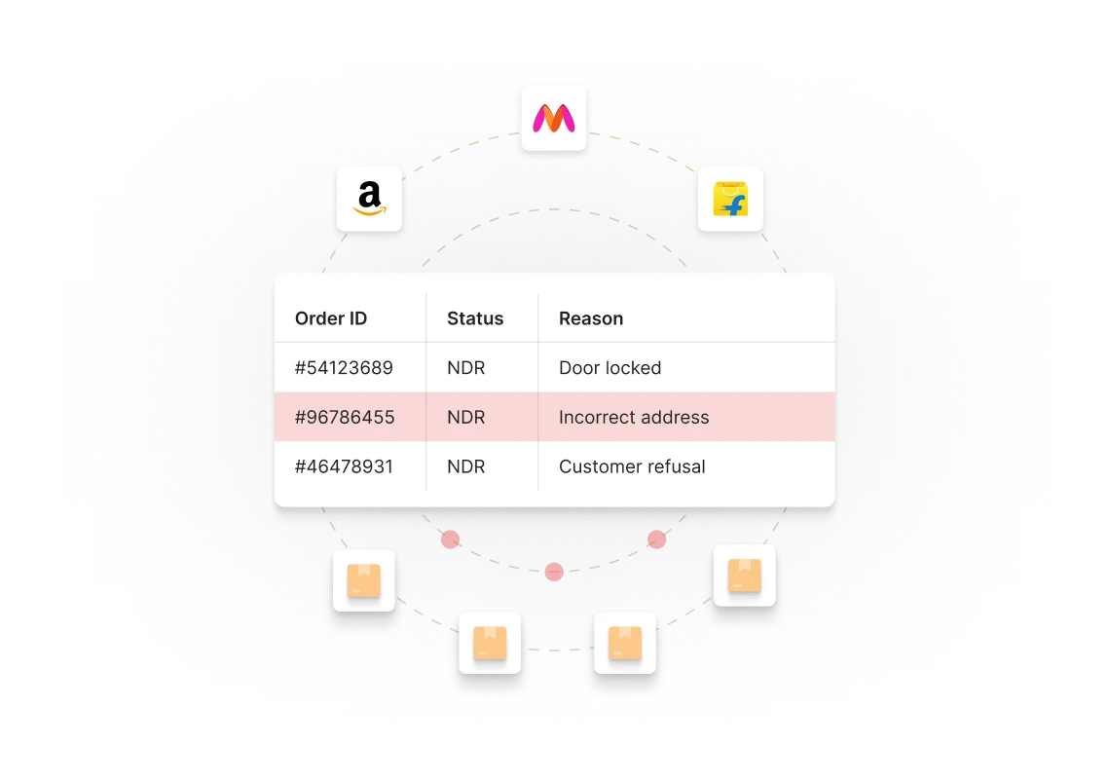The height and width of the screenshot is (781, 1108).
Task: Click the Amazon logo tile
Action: pos(369,198)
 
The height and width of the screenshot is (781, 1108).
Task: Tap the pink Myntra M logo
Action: pos(554,119)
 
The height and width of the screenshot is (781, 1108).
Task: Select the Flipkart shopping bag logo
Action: pos(730,199)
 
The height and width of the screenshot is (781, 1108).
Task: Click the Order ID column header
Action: pos(331,318)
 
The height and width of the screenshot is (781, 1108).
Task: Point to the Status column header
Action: pos(475,318)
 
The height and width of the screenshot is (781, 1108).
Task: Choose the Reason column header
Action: pos(591,318)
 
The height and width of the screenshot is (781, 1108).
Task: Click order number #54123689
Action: pos(344,368)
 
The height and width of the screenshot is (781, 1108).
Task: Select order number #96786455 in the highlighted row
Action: pos(344,417)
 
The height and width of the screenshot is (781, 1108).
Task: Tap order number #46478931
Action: pos(344,466)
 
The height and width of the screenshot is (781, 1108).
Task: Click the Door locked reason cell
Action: pos(609,368)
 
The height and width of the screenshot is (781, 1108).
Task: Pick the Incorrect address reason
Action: pos(634,417)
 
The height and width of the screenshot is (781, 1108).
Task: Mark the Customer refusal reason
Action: pos(632,466)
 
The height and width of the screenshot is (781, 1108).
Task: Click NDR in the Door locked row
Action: pos(466,368)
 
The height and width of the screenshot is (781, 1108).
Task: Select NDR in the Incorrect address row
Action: pos(466,417)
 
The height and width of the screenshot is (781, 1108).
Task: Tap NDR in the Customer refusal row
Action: pos(466,466)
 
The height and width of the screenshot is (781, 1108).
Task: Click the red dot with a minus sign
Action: pos(554,572)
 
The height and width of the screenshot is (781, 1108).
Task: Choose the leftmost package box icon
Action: pos(364,580)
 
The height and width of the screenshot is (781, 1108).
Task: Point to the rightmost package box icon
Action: pos(745,576)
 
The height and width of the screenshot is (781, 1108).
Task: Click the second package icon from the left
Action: pos(490,643)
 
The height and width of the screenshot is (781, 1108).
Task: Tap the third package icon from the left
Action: pos(625,643)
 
